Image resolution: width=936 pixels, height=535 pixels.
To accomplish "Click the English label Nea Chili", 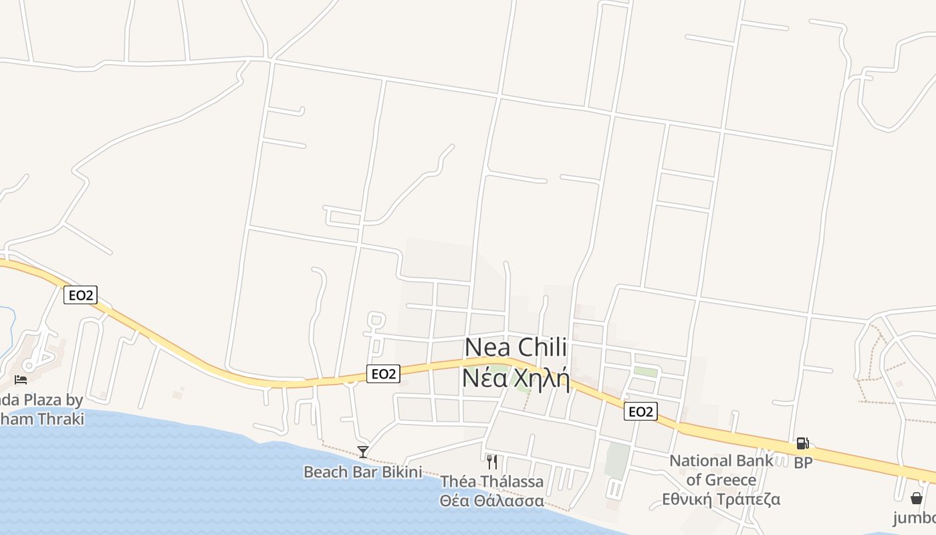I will point(515,348).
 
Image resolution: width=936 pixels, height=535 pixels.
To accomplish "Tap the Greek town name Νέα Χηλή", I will point(515,379).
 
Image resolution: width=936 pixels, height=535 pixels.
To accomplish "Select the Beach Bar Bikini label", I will point(362,472).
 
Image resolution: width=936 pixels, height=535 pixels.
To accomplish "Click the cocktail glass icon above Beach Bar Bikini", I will point(363,452).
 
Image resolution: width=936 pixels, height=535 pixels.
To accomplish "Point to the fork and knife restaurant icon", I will point(491,461).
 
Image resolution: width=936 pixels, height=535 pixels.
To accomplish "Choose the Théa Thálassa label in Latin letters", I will point(491,481).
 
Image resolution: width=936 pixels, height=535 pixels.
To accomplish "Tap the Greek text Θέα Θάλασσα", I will point(491,500).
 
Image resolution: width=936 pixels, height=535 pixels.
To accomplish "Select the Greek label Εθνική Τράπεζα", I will point(721,499).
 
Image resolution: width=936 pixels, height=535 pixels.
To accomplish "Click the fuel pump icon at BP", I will point(802,443).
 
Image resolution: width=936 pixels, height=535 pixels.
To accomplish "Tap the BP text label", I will point(802,462).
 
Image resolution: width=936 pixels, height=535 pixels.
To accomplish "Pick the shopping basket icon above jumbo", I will point(917,498).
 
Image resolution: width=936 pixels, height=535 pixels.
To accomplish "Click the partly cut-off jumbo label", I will point(915,518).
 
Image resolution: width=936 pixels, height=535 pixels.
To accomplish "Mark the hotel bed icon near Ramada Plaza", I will point(21,380).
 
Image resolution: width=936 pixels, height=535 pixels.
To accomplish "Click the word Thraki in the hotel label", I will point(61,419).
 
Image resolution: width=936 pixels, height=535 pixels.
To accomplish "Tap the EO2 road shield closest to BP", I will point(640,411).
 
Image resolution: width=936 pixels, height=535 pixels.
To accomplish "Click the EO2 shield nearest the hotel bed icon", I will point(80,294).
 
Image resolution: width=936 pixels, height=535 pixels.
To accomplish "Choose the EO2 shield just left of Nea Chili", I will point(383,374).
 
